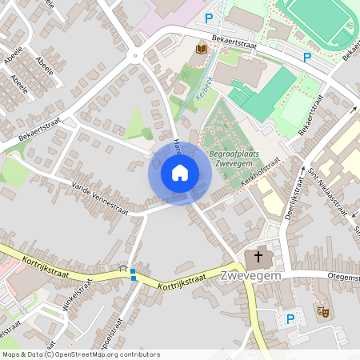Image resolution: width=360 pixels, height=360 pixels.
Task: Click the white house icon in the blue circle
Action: pyautogui.click(x=180, y=173)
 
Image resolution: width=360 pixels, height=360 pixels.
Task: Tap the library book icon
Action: pyautogui.click(x=202, y=50)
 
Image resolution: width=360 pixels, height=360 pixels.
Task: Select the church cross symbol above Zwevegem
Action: pyautogui.click(x=257, y=259)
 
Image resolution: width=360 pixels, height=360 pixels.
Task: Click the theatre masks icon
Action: pyautogui.click(x=324, y=311)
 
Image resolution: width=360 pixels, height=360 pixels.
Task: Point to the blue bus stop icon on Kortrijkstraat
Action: pyautogui.click(x=133, y=273)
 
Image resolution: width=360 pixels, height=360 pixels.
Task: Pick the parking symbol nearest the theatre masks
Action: pyautogui.click(x=290, y=319)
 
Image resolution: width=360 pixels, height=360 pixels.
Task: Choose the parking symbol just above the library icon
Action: pyautogui.click(x=210, y=18)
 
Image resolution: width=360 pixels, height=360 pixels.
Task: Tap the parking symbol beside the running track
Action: pyautogui.click(x=306, y=57)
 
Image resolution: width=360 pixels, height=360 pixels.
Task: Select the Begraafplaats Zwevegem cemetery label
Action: pyautogui.click(x=235, y=157)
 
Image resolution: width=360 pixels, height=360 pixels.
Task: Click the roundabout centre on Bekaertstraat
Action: pyautogui.click(x=135, y=56)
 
